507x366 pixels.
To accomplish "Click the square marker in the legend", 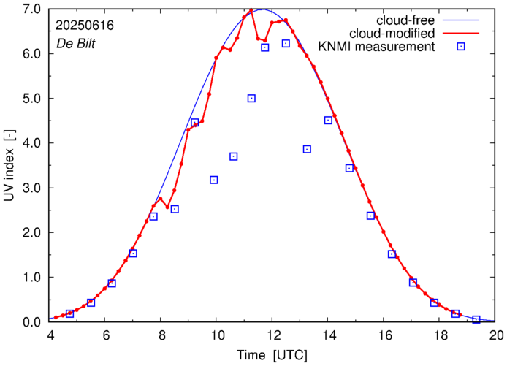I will pyautogui.click(x=461, y=47).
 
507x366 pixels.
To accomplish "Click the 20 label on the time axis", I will pyautogui.click(x=496, y=336).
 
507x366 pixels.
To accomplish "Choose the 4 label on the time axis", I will pyautogui.click(x=49, y=336).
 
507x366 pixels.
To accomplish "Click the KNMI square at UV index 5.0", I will pyautogui.click(x=251, y=98).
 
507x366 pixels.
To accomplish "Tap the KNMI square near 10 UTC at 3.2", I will pyautogui.click(x=214, y=180).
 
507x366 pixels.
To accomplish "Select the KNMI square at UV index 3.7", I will pyautogui.click(x=234, y=156).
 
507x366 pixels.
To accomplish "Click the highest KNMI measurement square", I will pyautogui.click(x=286, y=44).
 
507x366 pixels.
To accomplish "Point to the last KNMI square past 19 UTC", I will pyautogui.click(x=476, y=319).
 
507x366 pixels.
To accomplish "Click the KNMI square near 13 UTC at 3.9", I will pyautogui.click(x=307, y=149).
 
